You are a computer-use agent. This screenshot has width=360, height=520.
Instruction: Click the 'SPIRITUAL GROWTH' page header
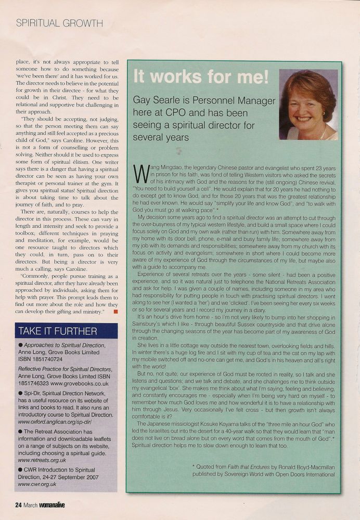tap(59, 23)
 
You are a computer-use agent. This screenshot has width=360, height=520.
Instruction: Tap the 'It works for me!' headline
tap(201, 76)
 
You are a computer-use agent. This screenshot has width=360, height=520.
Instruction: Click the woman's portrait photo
tap(308, 105)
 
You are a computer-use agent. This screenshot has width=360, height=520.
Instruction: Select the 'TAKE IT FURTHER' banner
tap(58, 331)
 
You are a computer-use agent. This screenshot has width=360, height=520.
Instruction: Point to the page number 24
tap(18, 504)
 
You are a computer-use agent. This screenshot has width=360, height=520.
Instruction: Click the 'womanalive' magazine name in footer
tap(61, 504)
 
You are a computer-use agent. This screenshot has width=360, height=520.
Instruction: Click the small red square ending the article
tap(115, 311)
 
